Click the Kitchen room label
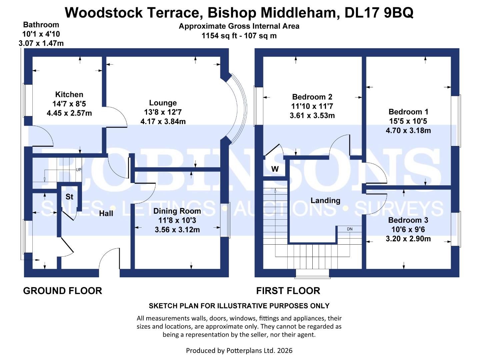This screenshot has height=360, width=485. [69, 95]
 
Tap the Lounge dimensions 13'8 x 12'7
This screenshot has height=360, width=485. [163, 112]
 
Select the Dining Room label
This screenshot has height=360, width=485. [177, 211]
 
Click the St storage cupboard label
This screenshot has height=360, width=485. [69, 197]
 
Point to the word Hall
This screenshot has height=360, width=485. [106, 214]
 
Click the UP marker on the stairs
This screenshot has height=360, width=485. [79, 170]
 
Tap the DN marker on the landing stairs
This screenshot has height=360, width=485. [349, 229]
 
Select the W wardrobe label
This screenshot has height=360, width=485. [275, 169]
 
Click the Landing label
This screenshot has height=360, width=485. [325, 201]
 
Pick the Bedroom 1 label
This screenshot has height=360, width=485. [408, 112]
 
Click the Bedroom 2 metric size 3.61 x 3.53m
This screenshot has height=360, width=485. [312, 116]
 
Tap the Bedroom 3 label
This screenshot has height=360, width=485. [408, 220]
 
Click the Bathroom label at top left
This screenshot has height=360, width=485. [41, 25]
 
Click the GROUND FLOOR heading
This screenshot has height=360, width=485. [62, 291]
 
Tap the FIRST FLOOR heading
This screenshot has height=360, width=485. [288, 291]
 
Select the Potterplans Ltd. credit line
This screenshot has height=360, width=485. [239, 350]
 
